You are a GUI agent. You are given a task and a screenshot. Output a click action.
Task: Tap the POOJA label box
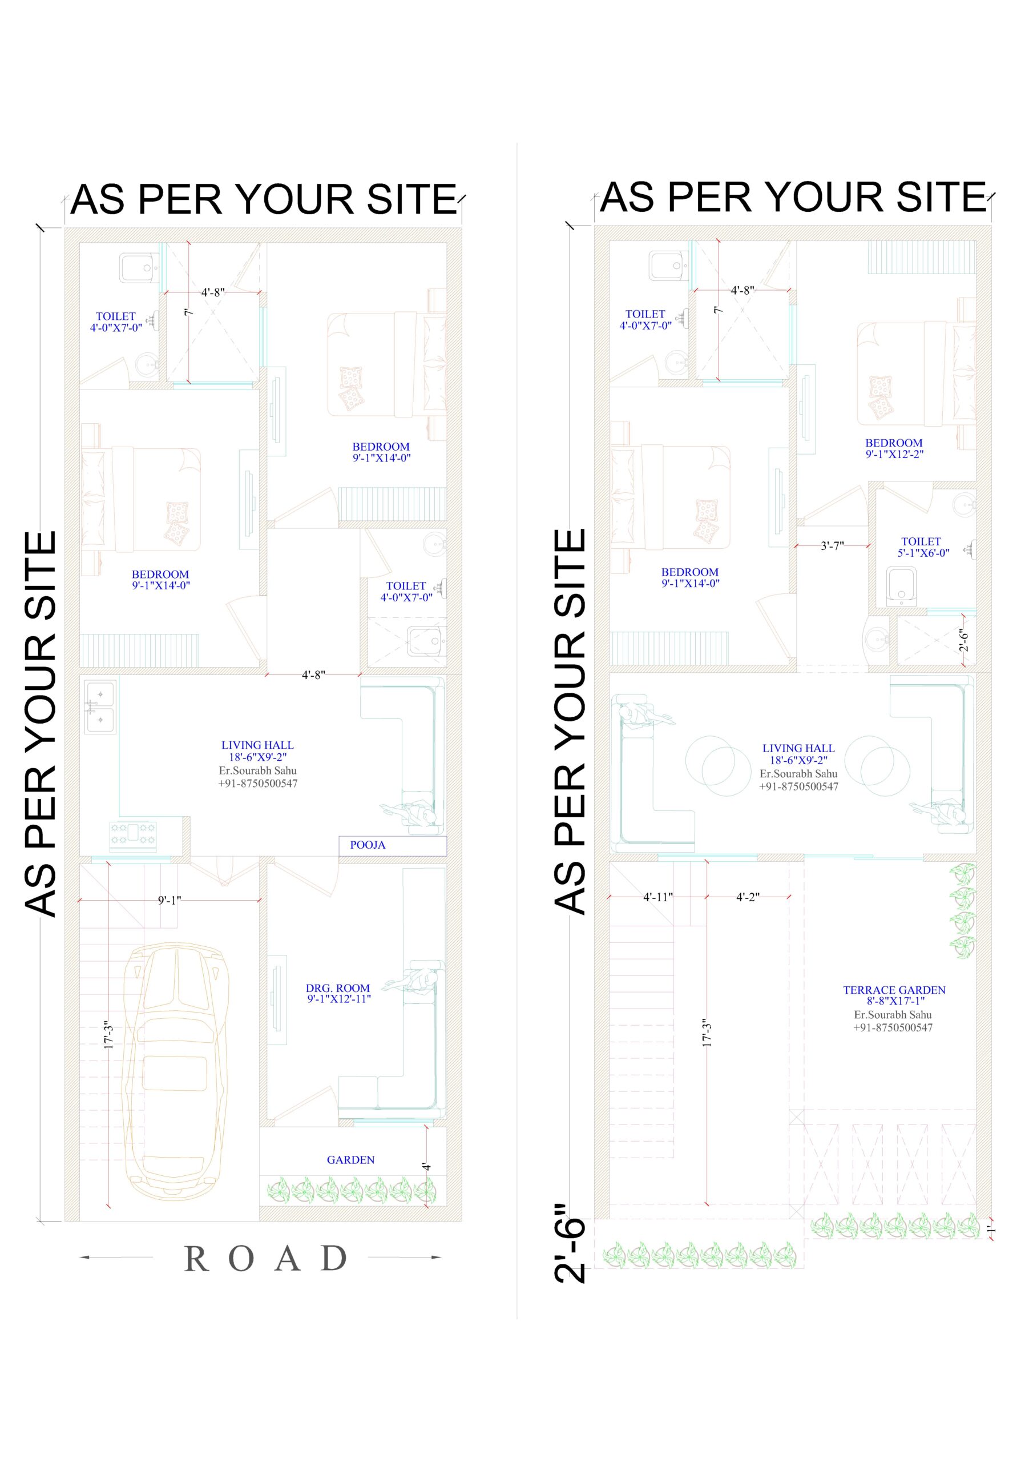point(392,845)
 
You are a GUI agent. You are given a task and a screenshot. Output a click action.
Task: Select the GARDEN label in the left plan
point(350,1160)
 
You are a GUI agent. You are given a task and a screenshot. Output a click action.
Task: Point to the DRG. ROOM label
point(338,993)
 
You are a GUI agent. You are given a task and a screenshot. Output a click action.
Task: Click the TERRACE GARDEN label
point(894,995)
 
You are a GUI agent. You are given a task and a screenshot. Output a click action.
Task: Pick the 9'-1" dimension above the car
point(170,901)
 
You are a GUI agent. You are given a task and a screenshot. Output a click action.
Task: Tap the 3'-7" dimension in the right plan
point(832,546)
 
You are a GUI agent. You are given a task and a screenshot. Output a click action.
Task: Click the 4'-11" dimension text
point(657,897)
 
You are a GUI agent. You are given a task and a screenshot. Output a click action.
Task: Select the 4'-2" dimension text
point(748,897)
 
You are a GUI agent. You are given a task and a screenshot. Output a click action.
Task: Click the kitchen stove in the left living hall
point(133,836)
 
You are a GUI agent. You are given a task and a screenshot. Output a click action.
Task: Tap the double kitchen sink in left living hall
point(100,707)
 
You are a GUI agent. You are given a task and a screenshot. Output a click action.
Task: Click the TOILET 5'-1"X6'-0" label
point(923,547)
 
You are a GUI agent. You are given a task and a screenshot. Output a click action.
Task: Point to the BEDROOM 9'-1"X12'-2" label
point(894,448)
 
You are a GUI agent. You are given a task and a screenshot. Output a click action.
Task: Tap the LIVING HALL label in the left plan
point(258,751)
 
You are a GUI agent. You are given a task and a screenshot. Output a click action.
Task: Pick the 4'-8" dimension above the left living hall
point(313,675)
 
